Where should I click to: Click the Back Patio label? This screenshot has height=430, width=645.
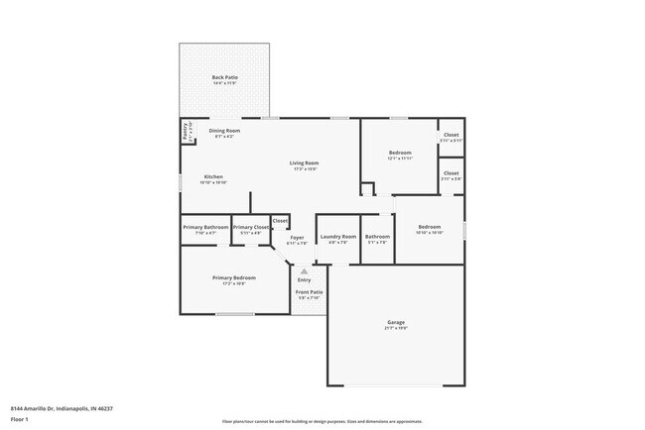point(224,77)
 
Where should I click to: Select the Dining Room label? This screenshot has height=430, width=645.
point(224,131)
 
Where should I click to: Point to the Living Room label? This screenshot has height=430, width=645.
point(304,162)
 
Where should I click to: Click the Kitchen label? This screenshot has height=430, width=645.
point(213,175)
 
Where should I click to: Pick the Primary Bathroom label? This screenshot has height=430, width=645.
point(205,227)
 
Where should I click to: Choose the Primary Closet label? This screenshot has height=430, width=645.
point(251,227)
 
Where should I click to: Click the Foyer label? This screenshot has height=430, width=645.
point(297,237)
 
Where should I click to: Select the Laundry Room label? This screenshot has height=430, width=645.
point(337,237)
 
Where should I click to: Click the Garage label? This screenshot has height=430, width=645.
point(396,322)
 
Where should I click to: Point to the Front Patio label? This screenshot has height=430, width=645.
point(309,292)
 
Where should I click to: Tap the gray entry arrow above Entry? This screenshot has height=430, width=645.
point(304,269)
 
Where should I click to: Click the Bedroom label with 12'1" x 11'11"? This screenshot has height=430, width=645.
point(399,152)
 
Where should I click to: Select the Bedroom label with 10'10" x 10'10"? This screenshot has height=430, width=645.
point(429,226)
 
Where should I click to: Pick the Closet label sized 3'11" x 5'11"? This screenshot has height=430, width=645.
point(451,135)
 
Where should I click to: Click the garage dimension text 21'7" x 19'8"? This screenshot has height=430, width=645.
point(396,328)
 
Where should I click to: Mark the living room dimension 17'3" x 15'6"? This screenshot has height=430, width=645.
point(304,168)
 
